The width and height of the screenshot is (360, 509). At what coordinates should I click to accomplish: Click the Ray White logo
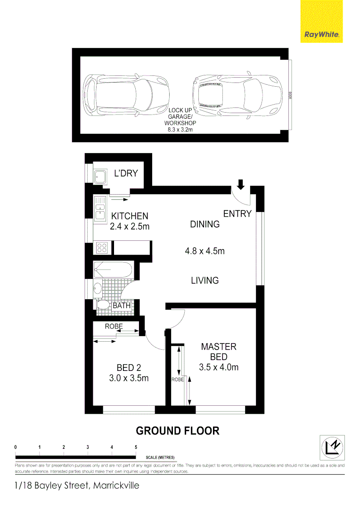[322, 22]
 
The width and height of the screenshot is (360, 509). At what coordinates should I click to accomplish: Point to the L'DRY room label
[126, 173]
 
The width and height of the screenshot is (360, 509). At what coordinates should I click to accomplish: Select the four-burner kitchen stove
[102, 247]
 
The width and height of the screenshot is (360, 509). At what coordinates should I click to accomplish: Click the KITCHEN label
[130, 216]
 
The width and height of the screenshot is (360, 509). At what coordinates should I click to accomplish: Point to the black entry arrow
[241, 184]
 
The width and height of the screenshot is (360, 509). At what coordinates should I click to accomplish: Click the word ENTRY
[237, 214]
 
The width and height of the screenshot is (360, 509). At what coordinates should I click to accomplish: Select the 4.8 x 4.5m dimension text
[205, 251]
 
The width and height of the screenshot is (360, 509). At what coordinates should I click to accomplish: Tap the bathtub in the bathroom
[113, 270]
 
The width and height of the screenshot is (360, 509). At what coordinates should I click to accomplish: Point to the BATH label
[122, 306]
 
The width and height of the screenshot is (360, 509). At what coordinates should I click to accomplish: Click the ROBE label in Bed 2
[114, 326]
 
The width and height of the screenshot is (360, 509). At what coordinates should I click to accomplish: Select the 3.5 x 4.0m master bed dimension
[219, 368]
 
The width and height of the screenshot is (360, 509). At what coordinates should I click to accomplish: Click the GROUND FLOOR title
[178, 431]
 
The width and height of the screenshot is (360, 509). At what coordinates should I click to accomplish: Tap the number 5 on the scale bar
[136, 447]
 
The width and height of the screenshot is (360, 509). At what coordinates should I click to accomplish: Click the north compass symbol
[332, 445]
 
